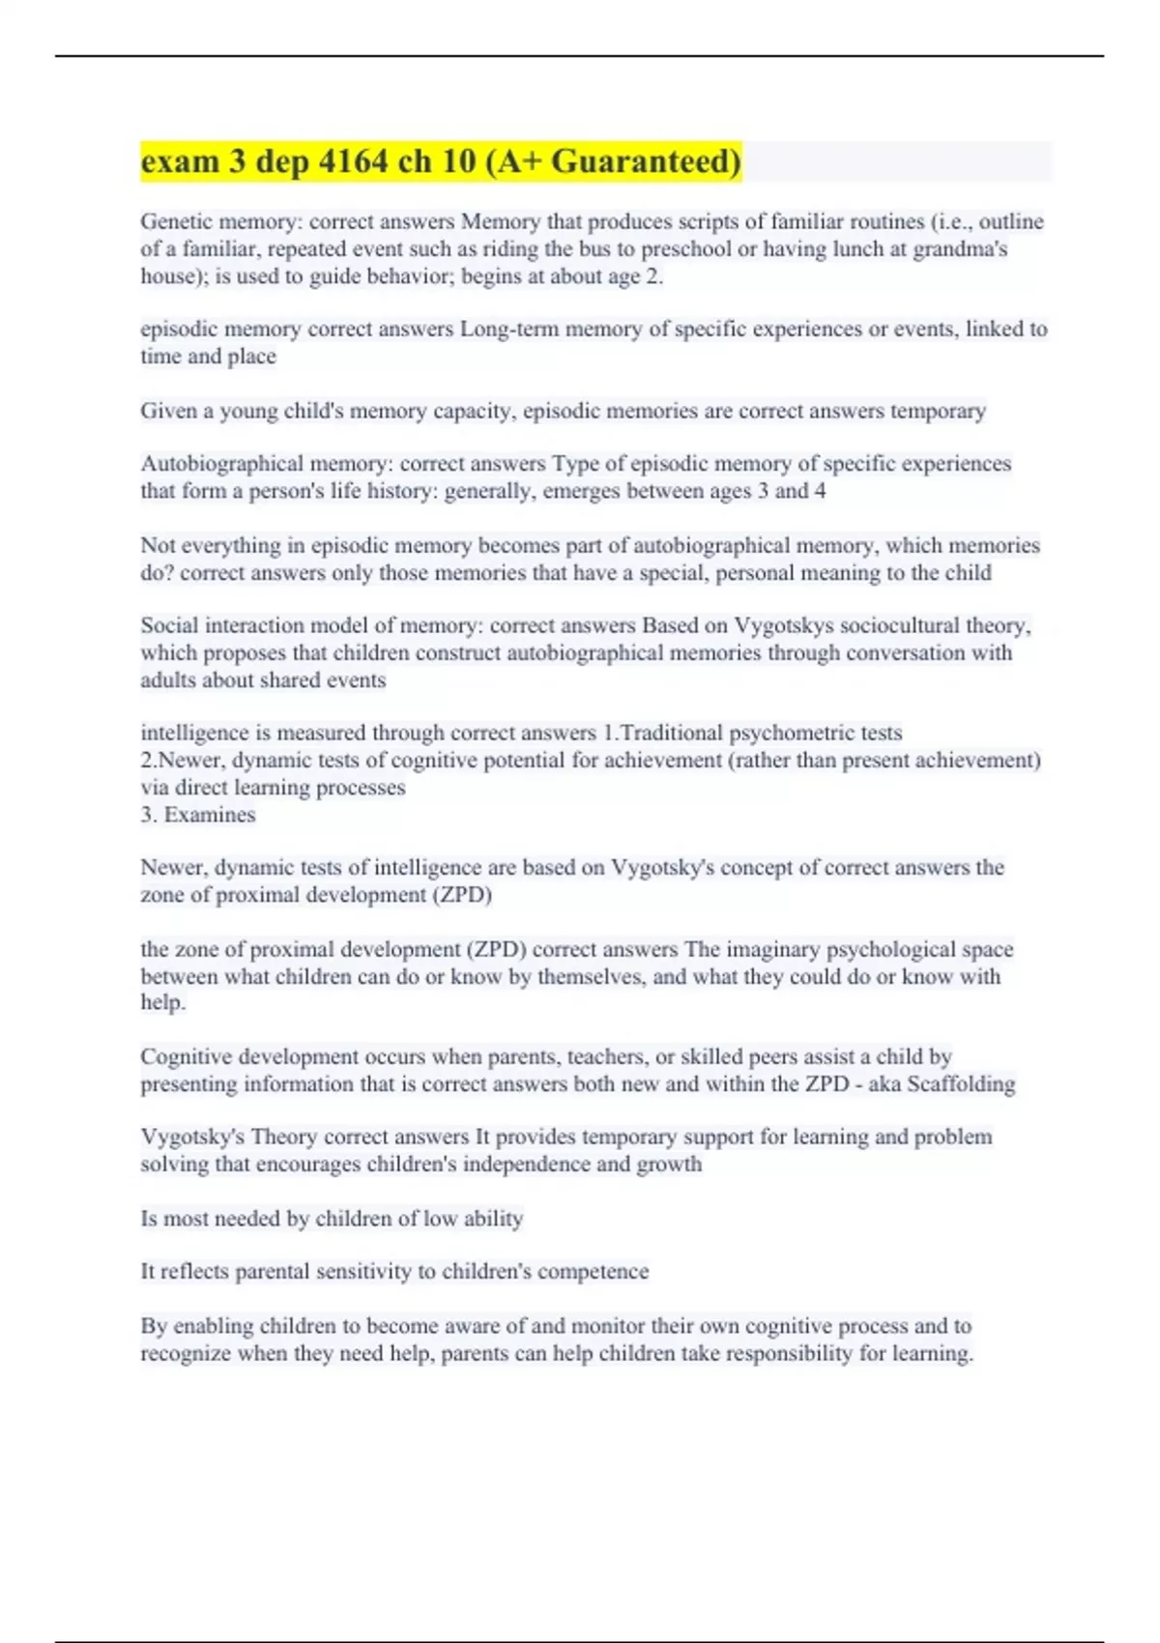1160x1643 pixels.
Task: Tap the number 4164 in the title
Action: coord(352,161)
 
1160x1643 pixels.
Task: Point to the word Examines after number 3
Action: coord(210,815)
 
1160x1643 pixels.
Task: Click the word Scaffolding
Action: coord(961,1084)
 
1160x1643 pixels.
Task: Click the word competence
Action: coord(593,1272)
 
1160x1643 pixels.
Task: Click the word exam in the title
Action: coord(181,161)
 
